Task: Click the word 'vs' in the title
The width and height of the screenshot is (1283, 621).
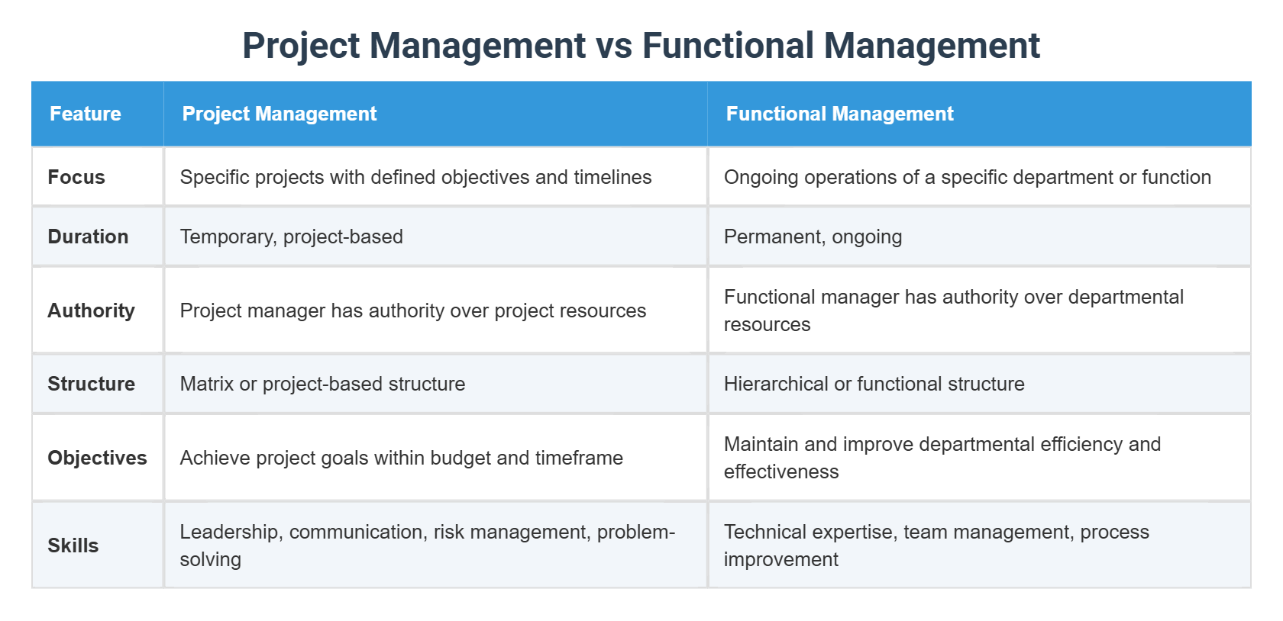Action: (614, 46)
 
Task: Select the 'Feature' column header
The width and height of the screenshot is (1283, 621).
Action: (86, 114)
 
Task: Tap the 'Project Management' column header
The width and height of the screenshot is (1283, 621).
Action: (280, 114)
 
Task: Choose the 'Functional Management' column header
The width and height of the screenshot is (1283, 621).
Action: (839, 114)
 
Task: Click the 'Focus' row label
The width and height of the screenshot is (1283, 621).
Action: (76, 177)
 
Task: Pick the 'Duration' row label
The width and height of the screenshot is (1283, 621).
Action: (88, 236)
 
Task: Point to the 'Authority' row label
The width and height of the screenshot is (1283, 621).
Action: (91, 310)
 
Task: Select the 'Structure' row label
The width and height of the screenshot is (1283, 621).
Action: (91, 384)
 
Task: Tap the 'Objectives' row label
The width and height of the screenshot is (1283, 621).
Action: (97, 458)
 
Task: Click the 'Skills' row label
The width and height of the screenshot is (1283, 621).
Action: (73, 545)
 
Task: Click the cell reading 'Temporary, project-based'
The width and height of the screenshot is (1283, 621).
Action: (292, 236)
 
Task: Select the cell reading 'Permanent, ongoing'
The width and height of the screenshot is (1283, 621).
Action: (813, 236)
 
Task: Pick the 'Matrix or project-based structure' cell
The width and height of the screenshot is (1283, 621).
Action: (322, 384)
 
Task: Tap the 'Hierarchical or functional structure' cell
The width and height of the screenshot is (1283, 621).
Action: (874, 384)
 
